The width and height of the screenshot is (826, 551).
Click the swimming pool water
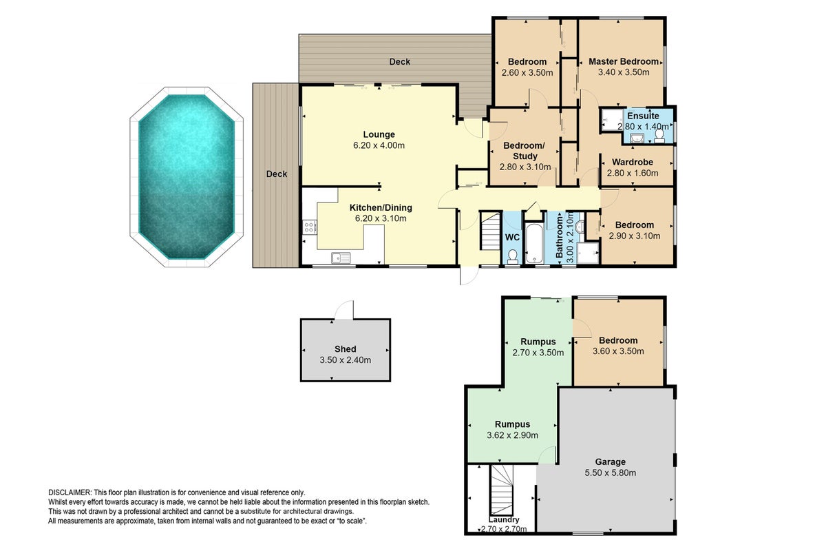tap(187, 177)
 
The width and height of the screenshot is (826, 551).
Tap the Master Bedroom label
tap(623, 61)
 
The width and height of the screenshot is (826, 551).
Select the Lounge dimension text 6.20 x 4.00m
tap(379, 145)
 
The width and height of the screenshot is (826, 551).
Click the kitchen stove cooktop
tap(309, 227)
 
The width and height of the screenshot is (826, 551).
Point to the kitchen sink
tap(341, 258)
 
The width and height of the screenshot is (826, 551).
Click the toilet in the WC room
tap(512, 256)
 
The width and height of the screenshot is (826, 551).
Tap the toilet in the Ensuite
tap(659, 136)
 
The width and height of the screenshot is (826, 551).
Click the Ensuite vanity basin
tap(637, 138)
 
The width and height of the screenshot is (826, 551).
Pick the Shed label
tap(345, 349)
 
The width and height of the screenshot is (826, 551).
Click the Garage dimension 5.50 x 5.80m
tap(611, 472)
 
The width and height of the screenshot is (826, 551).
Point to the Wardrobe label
tap(633, 162)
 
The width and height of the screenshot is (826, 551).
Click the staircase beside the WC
tap(490, 231)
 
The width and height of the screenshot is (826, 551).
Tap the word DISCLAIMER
tap(70, 492)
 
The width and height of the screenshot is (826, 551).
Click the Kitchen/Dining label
tap(381, 207)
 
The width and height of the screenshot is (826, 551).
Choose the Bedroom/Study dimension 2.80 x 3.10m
tap(525, 167)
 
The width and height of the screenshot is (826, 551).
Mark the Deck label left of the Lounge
tap(277, 174)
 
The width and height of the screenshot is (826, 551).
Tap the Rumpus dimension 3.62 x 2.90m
tap(512, 435)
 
